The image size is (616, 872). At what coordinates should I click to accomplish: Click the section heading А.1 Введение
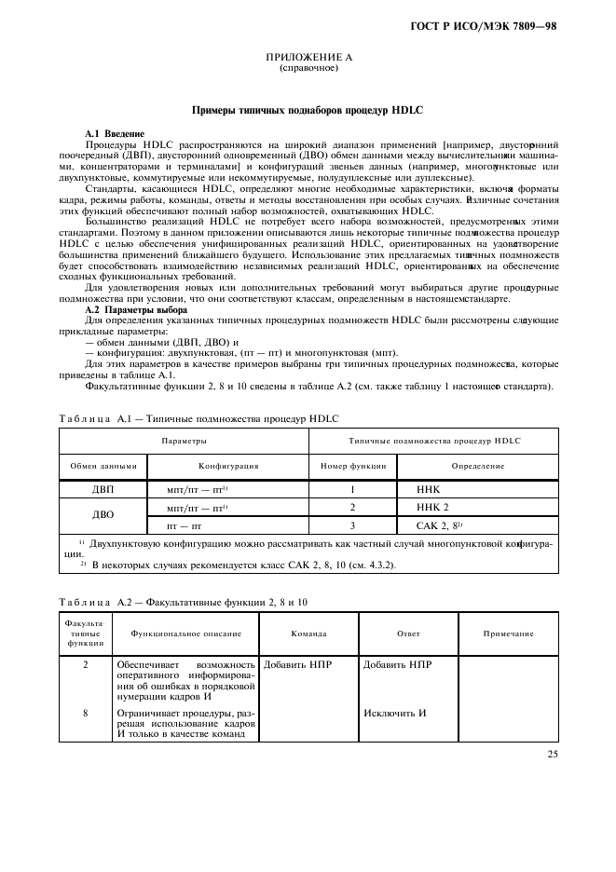point(114,134)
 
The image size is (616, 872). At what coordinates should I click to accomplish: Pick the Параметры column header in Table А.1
point(184,440)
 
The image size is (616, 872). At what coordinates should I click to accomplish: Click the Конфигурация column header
point(228,465)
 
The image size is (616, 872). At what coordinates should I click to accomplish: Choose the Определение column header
point(479,465)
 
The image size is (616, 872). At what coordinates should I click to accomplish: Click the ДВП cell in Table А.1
point(103,488)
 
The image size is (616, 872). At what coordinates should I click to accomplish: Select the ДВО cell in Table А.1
point(103,515)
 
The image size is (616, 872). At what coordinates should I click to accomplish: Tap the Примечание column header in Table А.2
point(508,634)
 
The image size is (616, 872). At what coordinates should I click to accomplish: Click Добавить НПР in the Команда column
point(298,665)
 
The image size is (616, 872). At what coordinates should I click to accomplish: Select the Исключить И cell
point(394,713)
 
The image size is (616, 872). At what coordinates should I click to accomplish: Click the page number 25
point(552,754)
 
